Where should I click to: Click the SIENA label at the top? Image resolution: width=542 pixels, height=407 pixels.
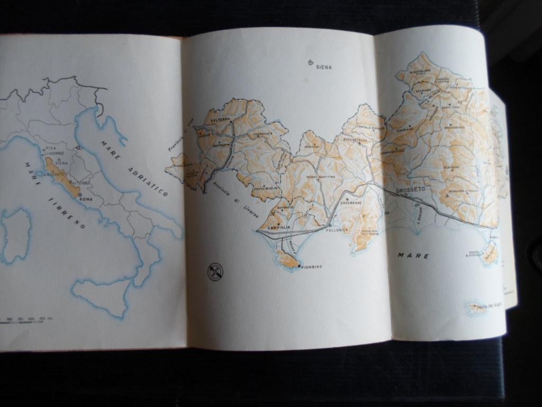click(324, 67)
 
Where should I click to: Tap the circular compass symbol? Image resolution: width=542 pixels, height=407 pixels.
click(215, 271)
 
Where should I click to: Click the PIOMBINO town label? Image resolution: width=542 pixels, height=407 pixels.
click(311, 267)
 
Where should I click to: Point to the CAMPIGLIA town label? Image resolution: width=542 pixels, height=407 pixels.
click(280, 227)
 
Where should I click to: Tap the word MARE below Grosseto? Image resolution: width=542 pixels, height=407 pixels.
click(413, 255)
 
